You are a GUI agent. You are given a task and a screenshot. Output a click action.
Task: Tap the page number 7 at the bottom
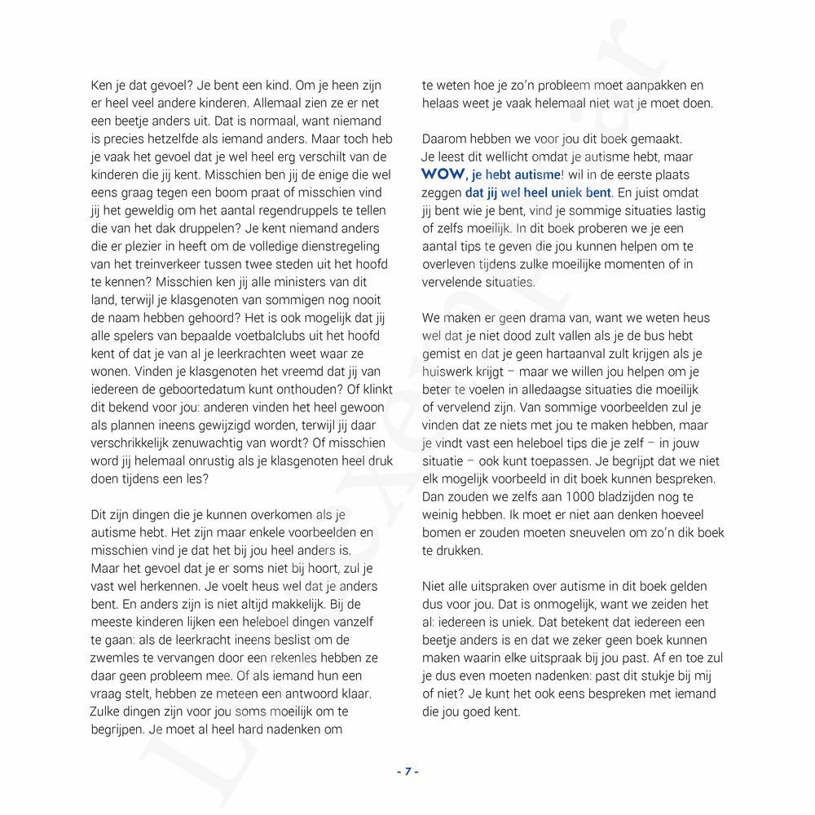(407, 772)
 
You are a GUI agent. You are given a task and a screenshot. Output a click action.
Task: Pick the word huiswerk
(447, 372)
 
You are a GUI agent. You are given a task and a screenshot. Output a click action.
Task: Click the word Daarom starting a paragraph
(445, 139)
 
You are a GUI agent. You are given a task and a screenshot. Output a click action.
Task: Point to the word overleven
(450, 264)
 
